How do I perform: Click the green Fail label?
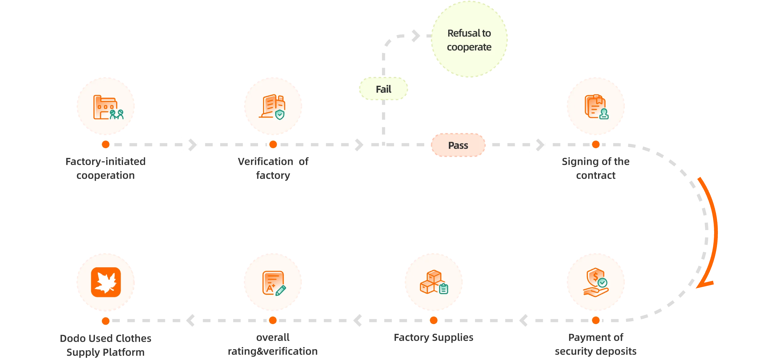click(384, 89)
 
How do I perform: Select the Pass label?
click(458, 145)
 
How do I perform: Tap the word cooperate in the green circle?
click(469, 47)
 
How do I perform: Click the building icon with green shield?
click(273, 107)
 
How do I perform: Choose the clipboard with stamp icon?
click(596, 107)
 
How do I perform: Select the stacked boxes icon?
click(433, 282)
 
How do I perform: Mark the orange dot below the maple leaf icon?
click(106, 321)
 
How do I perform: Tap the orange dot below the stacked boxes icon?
click(434, 320)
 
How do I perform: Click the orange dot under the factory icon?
click(106, 144)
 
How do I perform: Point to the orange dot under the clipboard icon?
click(596, 144)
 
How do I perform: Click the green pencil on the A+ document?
click(281, 290)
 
